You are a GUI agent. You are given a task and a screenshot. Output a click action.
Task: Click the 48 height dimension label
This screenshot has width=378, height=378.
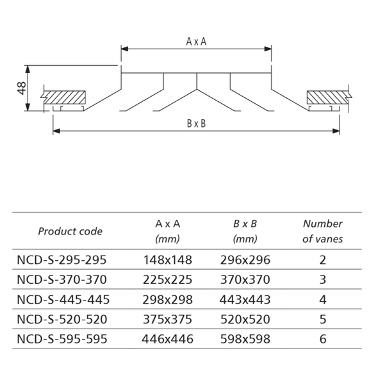click(x=21, y=88)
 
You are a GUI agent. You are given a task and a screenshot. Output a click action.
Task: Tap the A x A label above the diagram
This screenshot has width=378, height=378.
click(x=196, y=42)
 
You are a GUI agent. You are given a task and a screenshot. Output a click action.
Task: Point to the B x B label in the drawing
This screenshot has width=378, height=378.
click(x=197, y=124)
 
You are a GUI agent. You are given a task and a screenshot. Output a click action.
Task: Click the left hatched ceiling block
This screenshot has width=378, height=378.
click(x=63, y=97)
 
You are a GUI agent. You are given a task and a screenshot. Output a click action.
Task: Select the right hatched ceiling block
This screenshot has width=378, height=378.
click(x=329, y=97)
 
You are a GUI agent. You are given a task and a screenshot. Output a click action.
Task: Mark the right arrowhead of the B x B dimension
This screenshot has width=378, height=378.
click(x=336, y=131)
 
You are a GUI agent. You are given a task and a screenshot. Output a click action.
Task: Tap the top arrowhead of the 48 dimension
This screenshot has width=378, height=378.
click(x=28, y=69)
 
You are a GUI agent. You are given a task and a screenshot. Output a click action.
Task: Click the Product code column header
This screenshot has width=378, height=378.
click(x=70, y=231)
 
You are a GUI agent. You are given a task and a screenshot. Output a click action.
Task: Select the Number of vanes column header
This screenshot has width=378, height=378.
click(x=322, y=231)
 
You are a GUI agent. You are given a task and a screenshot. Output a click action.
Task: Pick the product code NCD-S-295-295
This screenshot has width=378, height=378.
click(x=62, y=260)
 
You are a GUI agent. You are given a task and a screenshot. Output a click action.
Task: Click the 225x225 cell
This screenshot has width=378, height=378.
click(x=168, y=279)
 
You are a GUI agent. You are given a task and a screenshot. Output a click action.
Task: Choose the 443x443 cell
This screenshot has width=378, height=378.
click(x=245, y=300)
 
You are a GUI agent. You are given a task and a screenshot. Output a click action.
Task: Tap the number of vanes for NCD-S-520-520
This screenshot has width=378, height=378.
click(x=323, y=319)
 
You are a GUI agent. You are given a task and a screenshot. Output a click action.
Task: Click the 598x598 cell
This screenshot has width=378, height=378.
click(x=245, y=339)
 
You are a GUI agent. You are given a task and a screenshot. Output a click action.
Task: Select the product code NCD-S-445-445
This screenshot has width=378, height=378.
click(x=63, y=300)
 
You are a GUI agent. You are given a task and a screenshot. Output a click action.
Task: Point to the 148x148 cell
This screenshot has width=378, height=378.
click(x=168, y=260)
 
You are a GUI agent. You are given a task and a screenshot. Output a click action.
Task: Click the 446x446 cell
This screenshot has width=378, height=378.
click(x=168, y=339)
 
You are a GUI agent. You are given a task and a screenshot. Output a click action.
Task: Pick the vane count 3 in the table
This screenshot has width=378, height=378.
click(x=323, y=279)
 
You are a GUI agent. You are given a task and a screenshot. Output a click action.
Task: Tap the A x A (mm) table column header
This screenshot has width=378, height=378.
click(x=168, y=231)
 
